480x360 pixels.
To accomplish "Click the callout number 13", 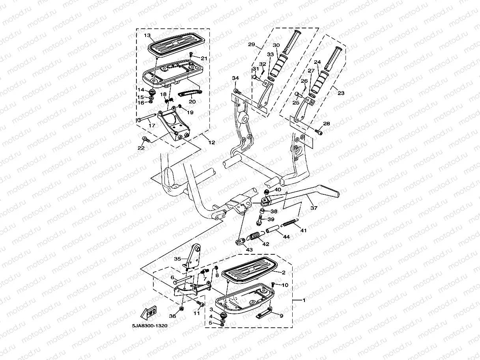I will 147,35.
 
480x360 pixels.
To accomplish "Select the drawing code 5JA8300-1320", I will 147,326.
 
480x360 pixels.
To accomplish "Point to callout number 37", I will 314,207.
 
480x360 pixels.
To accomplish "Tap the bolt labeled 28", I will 319,132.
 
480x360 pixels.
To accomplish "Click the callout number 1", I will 304,300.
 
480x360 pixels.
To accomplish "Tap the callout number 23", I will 341,93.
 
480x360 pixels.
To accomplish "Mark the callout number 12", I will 212,142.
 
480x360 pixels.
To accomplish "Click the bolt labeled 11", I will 200,304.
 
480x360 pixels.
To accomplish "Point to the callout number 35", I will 177,259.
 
